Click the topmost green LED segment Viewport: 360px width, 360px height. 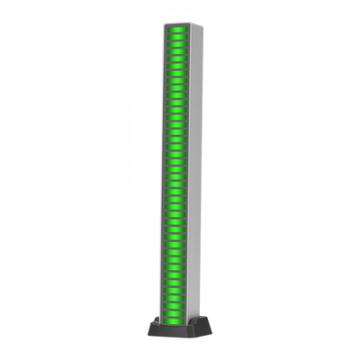pos(177,30)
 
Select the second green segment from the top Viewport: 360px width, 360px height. pos(177,37)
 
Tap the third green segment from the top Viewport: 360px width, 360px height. pos(177,44)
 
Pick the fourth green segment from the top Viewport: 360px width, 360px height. pos(177,51)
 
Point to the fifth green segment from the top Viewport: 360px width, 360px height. pos(177,58)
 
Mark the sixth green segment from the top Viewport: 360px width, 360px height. pos(177,66)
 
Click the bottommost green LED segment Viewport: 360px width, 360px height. pos(174,321)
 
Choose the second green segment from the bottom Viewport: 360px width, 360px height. pos(174,313)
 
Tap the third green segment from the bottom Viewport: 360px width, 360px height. pos(174,306)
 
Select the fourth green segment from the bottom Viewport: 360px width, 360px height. pos(174,299)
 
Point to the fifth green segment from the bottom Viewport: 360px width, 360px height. pos(174,291)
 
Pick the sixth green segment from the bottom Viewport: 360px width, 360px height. pos(174,283)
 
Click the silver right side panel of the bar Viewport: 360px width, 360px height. pos(194,180)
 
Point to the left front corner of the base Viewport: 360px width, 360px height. pos(148,334)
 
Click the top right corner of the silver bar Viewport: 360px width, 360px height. pos(202,26)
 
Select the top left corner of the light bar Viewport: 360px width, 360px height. pos(165,25)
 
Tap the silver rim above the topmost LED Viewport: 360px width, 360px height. pos(177,25)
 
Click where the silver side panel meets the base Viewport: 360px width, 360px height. pos(193,319)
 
